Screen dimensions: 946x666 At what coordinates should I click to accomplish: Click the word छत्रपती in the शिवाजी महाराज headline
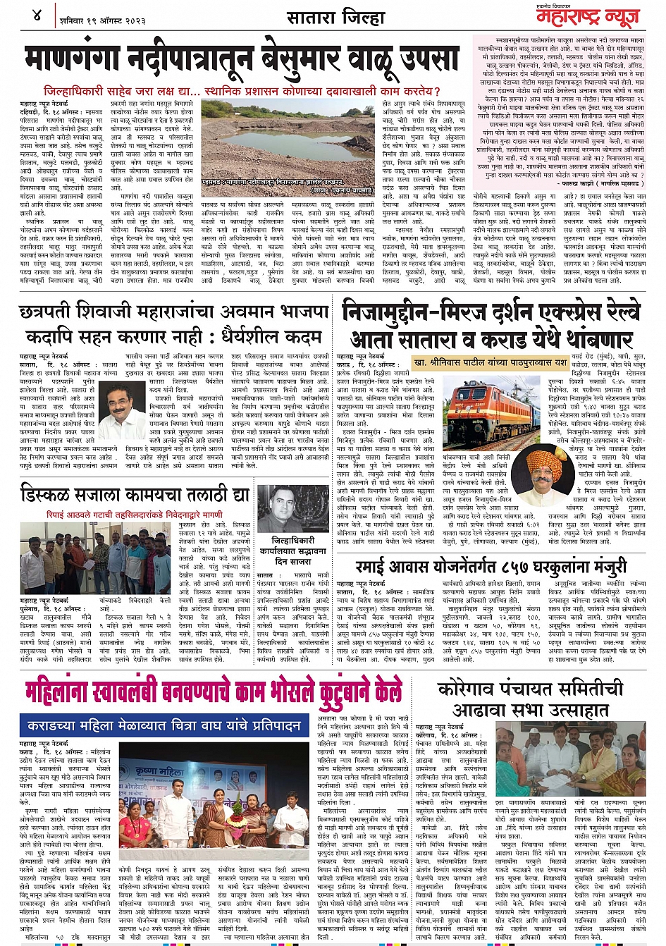point(54,312)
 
